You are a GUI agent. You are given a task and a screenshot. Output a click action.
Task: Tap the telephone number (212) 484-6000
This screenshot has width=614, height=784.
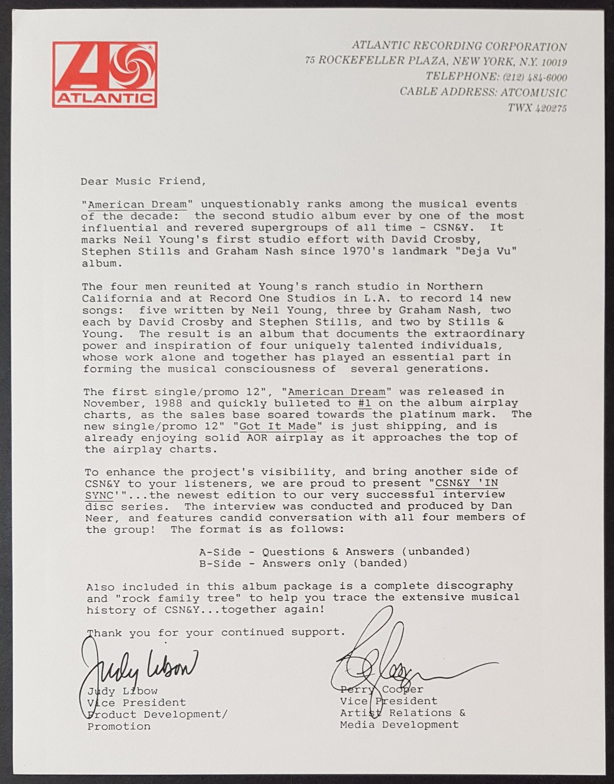tap(532, 77)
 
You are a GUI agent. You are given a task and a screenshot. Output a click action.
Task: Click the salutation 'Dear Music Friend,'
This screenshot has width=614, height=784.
tap(143, 181)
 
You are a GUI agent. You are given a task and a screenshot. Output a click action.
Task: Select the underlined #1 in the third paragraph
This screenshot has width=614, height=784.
tap(366, 403)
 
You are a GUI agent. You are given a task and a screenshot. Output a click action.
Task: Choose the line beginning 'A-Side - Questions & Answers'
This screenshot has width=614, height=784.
tap(334, 552)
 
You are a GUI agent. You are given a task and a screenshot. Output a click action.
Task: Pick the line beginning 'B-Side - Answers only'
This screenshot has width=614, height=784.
tap(303, 563)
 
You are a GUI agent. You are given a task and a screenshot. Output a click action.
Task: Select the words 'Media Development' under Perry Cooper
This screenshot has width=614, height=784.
tap(399, 725)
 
